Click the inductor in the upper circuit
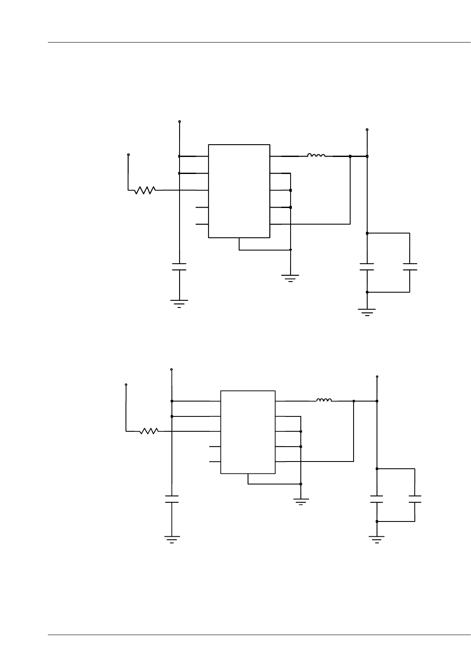coord(316,155)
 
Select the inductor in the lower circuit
coord(324,400)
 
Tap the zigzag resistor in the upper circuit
coord(145,190)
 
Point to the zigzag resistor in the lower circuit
coord(149,431)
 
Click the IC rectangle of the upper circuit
coord(239,191)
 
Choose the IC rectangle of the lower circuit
coord(248,432)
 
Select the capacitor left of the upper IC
coord(179,267)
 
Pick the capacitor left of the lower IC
coord(171,499)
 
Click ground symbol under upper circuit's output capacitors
coord(367,312)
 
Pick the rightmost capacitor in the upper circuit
coord(410,267)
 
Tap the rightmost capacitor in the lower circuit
coord(415,499)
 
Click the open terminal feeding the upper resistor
coord(128,154)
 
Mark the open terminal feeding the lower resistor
coord(126,385)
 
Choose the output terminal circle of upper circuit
coord(367,129)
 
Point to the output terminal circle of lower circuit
coord(377,376)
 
